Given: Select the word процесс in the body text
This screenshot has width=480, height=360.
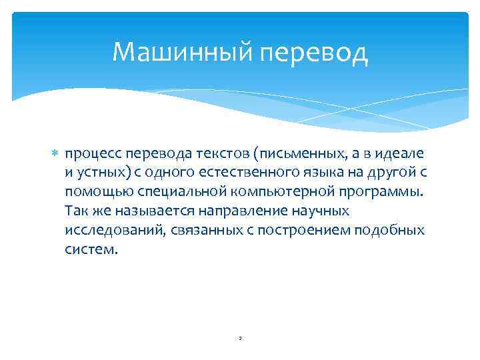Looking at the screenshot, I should click(x=91, y=155).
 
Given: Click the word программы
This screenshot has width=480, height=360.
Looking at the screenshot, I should click(x=359, y=193).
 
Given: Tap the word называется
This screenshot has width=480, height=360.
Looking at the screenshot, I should click(x=139, y=212).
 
